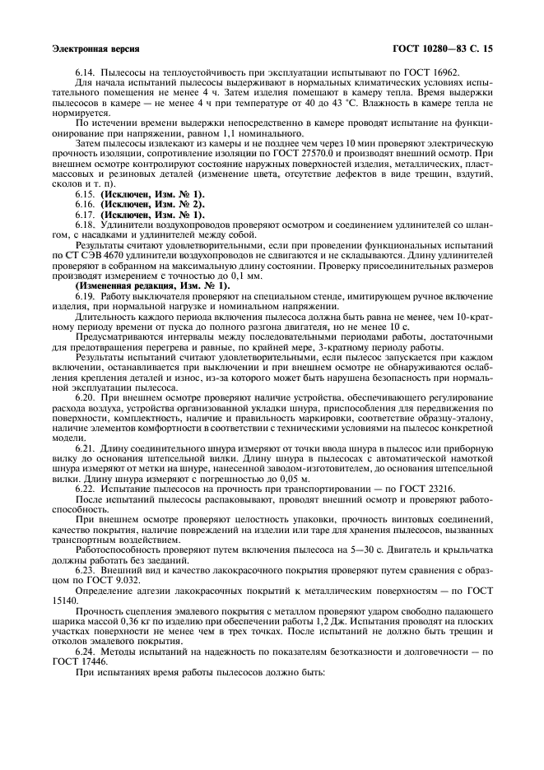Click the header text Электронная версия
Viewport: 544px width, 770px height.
[x=95, y=49]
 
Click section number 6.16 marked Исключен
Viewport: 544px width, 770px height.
[x=86, y=203]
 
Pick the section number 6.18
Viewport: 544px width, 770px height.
[x=86, y=224]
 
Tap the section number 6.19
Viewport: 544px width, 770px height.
[x=86, y=295]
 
